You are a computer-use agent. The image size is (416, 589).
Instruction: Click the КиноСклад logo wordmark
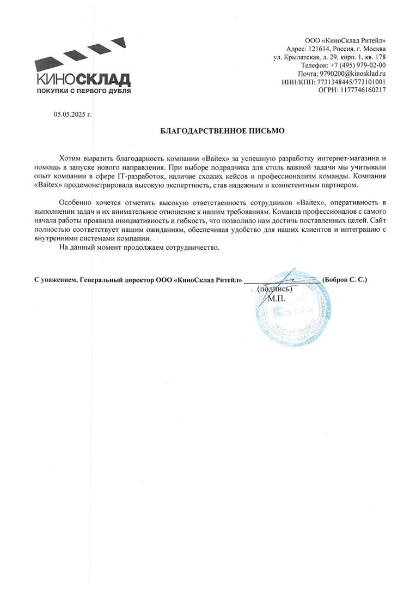click(83, 80)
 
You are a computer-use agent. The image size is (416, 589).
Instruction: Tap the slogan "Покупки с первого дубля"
click(83, 91)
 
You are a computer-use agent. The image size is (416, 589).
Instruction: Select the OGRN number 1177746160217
click(364, 89)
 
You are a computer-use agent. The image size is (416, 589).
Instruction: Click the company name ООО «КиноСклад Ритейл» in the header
click(349, 40)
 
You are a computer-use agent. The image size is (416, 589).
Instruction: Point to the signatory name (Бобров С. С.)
click(345, 280)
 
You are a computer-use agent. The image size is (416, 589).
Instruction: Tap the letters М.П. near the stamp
click(277, 298)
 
